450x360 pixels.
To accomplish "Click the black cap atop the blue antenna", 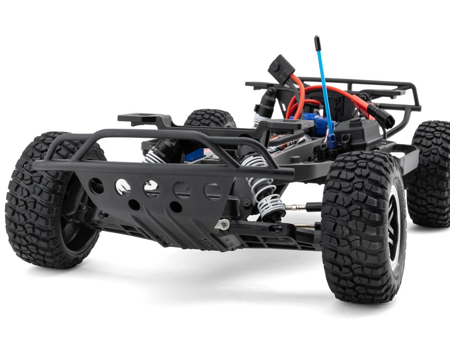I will [x=317, y=43].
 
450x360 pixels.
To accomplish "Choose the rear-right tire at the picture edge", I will [x=431, y=172].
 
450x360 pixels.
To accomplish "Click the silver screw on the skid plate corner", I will [x=224, y=224].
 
